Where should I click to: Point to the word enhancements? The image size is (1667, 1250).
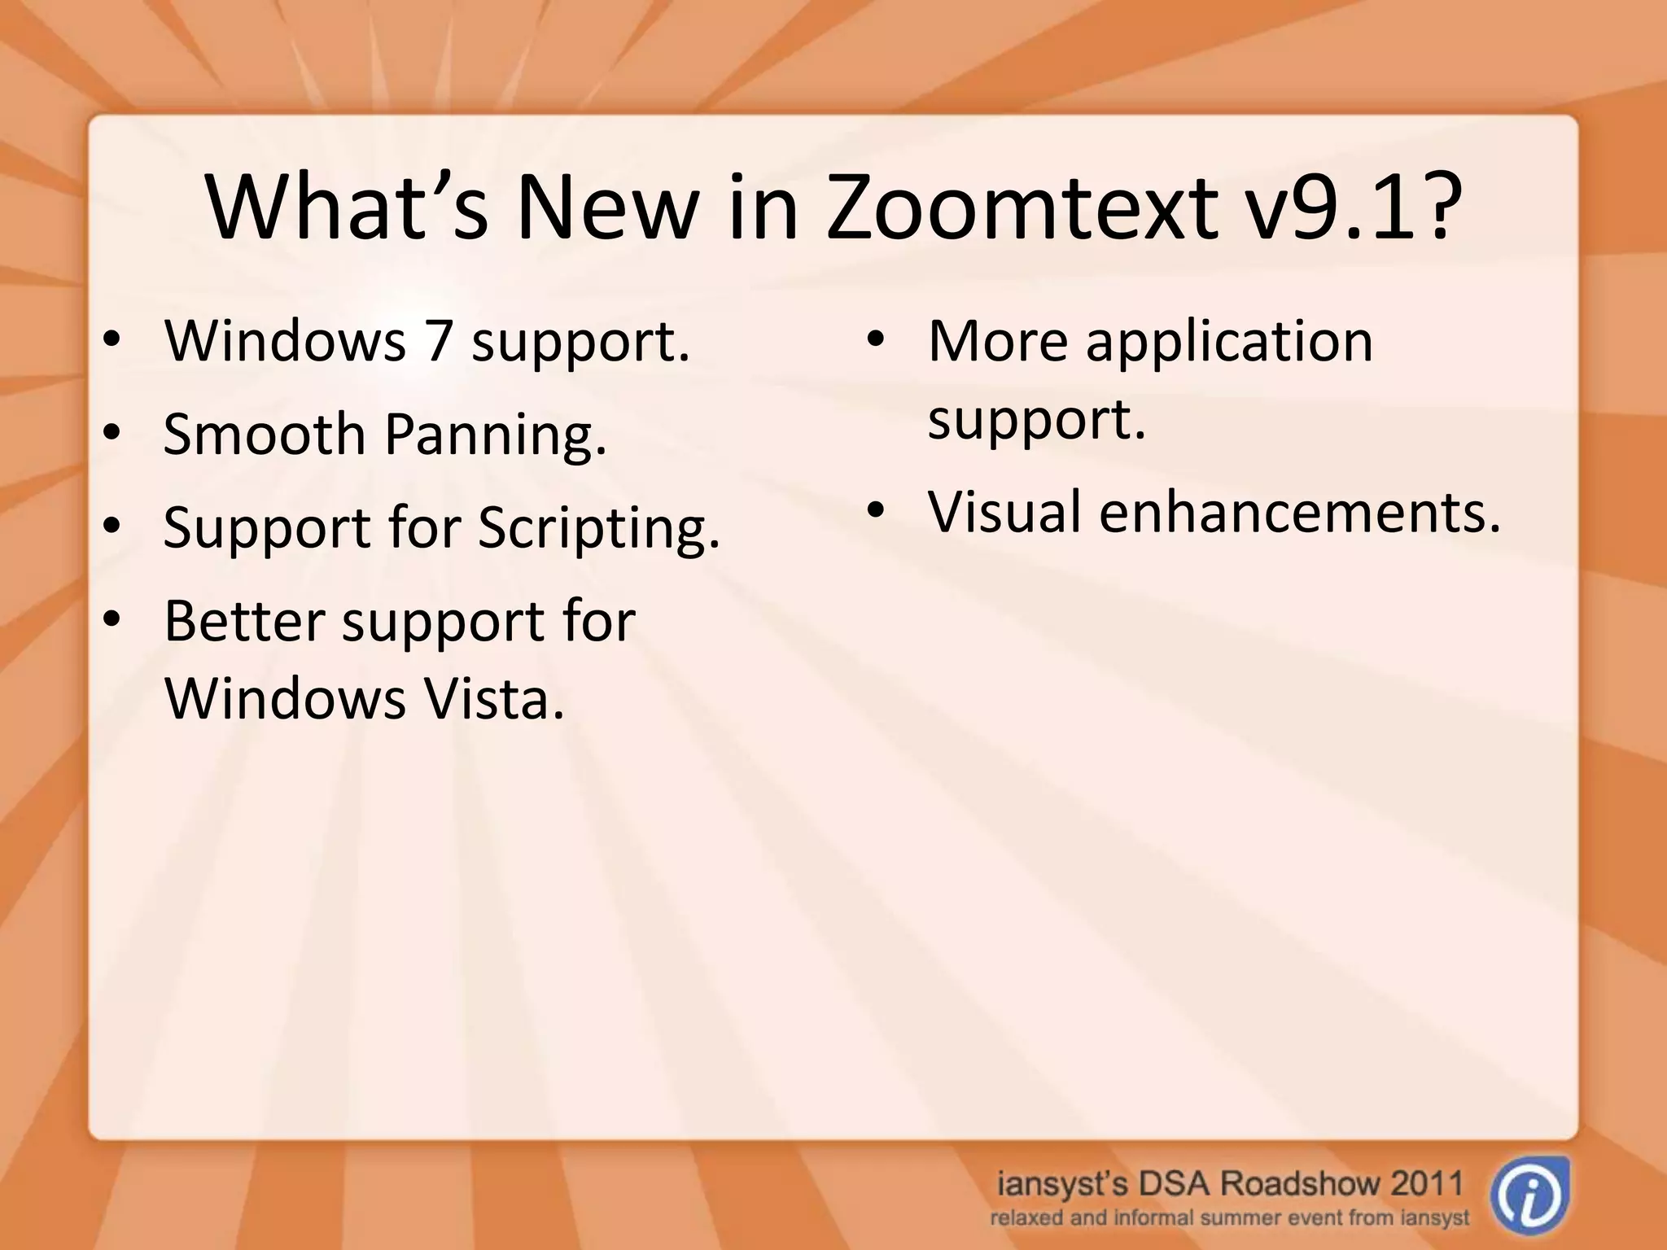coord(1300,512)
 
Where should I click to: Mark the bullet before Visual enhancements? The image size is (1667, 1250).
coord(875,510)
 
